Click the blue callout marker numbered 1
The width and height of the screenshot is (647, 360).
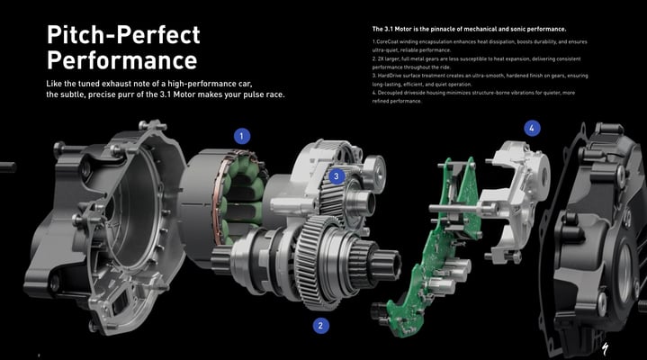click(242, 136)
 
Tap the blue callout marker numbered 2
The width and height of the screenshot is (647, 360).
click(320, 326)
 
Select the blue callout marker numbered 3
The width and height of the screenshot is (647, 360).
click(337, 176)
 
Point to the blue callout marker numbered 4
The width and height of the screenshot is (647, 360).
click(532, 129)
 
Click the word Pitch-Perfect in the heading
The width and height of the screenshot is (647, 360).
click(123, 34)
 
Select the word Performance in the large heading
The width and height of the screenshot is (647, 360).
click(122, 60)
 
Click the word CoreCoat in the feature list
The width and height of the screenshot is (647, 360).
click(387, 41)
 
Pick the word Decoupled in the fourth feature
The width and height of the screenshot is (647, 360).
click(390, 93)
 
